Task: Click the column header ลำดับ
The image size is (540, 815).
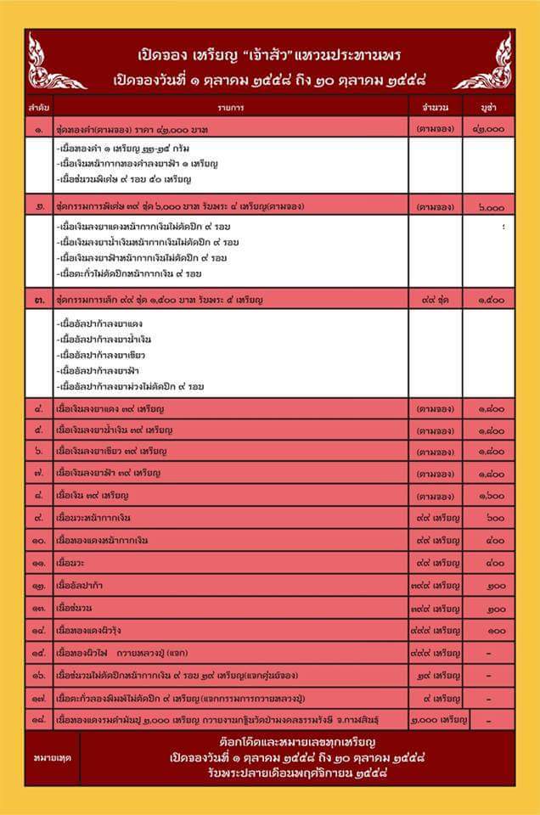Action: tap(39, 109)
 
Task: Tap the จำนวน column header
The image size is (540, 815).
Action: tap(435, 109)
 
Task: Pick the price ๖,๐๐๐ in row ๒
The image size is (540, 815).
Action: tap(491, 206)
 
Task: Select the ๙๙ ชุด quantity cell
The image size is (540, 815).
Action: tap(435, 300)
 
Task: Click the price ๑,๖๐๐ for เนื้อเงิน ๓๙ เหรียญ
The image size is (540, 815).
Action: tap(491, 494)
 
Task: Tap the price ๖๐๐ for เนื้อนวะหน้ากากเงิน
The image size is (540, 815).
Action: tap(492, 517)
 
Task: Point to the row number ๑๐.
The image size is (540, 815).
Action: tap(39, 540)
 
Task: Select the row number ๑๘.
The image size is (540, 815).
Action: tap(39, 719)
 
